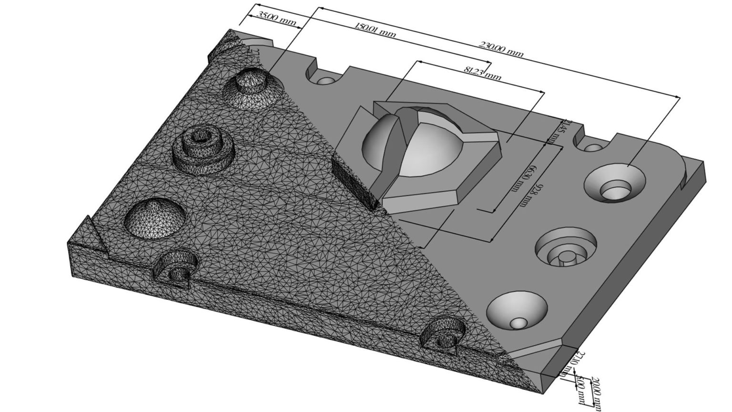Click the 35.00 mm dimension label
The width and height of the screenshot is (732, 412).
(276, 18)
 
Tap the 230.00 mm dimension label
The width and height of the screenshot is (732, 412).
(501, 49)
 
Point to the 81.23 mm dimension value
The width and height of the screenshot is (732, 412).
(482, 73)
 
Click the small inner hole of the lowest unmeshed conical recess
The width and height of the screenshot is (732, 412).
(518, 323)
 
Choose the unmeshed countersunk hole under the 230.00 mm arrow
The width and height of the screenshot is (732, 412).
(615, 184)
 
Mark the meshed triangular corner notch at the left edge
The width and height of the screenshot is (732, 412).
(95, 236)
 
